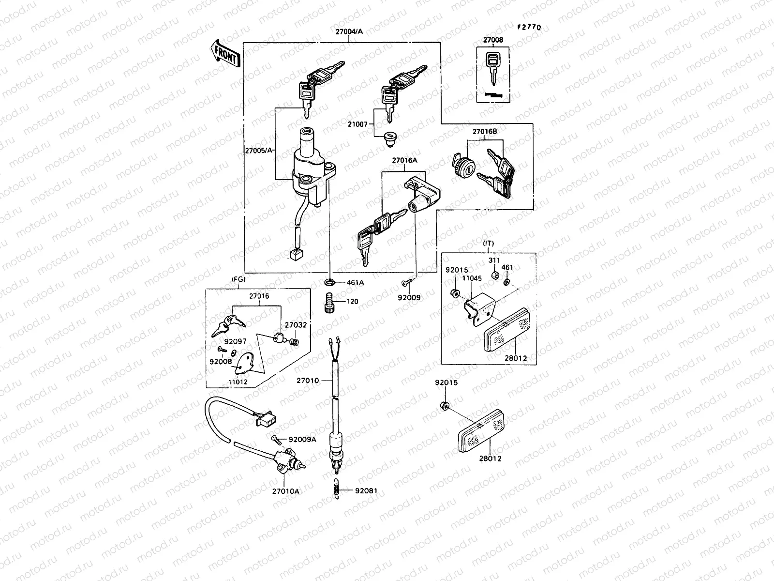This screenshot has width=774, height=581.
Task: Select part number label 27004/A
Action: tap(349, 31)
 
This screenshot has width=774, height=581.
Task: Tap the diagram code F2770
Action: tap(528, 28)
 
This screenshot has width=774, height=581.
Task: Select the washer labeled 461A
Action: tap(329, 282)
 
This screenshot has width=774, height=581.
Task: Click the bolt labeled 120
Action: tap(329, 302)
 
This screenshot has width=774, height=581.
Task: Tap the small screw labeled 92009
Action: tap(405, 282)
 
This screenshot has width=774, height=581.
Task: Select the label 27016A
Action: tap(404, 160)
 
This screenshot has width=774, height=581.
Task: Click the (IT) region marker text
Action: tap(488, 243)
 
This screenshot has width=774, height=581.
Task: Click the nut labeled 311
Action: tap(494, 275)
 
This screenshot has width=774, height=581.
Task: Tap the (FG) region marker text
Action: tap(239, 279)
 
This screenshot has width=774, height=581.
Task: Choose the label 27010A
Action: tap(285, 491)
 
